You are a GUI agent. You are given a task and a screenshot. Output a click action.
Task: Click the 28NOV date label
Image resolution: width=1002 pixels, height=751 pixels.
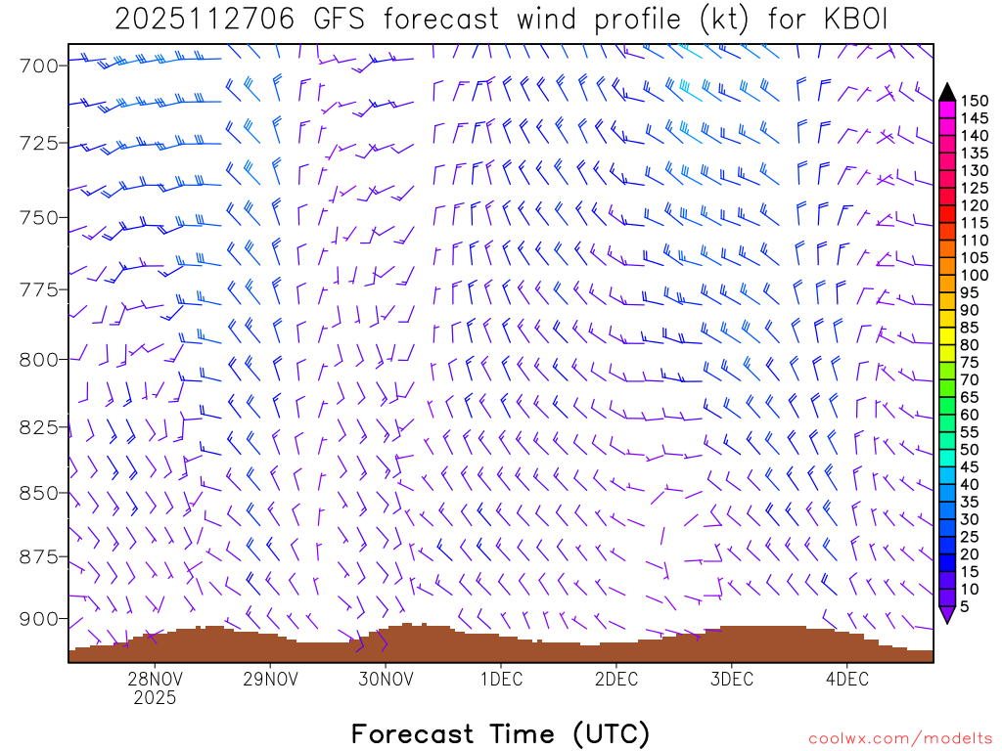coord(155,679)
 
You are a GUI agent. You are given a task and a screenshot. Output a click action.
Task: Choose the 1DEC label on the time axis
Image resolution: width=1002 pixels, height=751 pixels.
coord(501,679)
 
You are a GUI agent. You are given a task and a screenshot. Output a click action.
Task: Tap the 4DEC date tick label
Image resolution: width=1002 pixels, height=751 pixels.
coord(847,679)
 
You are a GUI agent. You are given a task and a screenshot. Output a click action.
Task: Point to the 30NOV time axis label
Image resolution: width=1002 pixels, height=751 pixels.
coord(386,679)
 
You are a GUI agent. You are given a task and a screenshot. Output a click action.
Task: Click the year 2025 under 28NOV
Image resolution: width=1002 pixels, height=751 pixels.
coord(155,698)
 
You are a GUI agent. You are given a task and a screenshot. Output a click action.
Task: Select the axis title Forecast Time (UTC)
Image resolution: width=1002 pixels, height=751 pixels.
coord(500,733)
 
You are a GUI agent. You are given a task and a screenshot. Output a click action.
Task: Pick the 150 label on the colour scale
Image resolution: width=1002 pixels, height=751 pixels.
coord(975,101)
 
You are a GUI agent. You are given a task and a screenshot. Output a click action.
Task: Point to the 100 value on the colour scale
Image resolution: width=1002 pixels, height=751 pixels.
coord(975,276)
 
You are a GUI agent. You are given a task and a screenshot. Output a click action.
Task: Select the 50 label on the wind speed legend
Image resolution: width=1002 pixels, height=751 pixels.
coord(972,450)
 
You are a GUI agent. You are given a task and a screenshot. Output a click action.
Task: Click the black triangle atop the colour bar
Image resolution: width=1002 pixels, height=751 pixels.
coord(947,92)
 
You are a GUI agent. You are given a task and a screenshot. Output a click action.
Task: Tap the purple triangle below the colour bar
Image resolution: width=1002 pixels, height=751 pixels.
coord(947,615)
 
